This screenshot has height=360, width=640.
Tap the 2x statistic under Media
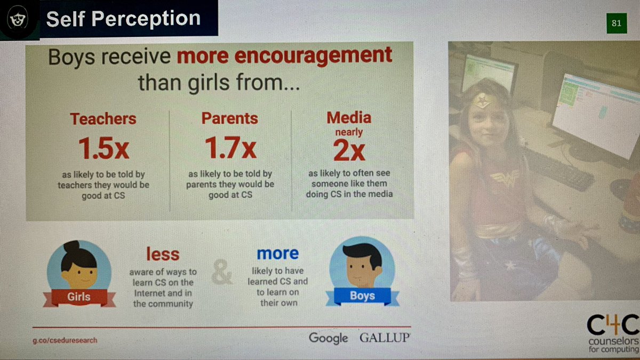(349, 151)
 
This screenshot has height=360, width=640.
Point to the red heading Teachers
(103, 119)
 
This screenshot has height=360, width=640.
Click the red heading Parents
(229, 118)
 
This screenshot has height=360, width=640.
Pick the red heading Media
(349, 117)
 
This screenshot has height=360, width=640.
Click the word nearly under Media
(349, 132)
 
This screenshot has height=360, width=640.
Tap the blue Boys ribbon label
(362, 295)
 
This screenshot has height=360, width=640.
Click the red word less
(163, 254)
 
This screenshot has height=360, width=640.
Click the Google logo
(329, 338)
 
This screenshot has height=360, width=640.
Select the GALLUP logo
(384, 338)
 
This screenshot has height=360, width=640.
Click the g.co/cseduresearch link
(65, 340)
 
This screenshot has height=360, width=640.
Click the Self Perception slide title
(123, 19)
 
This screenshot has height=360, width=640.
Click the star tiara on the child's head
(483, 100)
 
